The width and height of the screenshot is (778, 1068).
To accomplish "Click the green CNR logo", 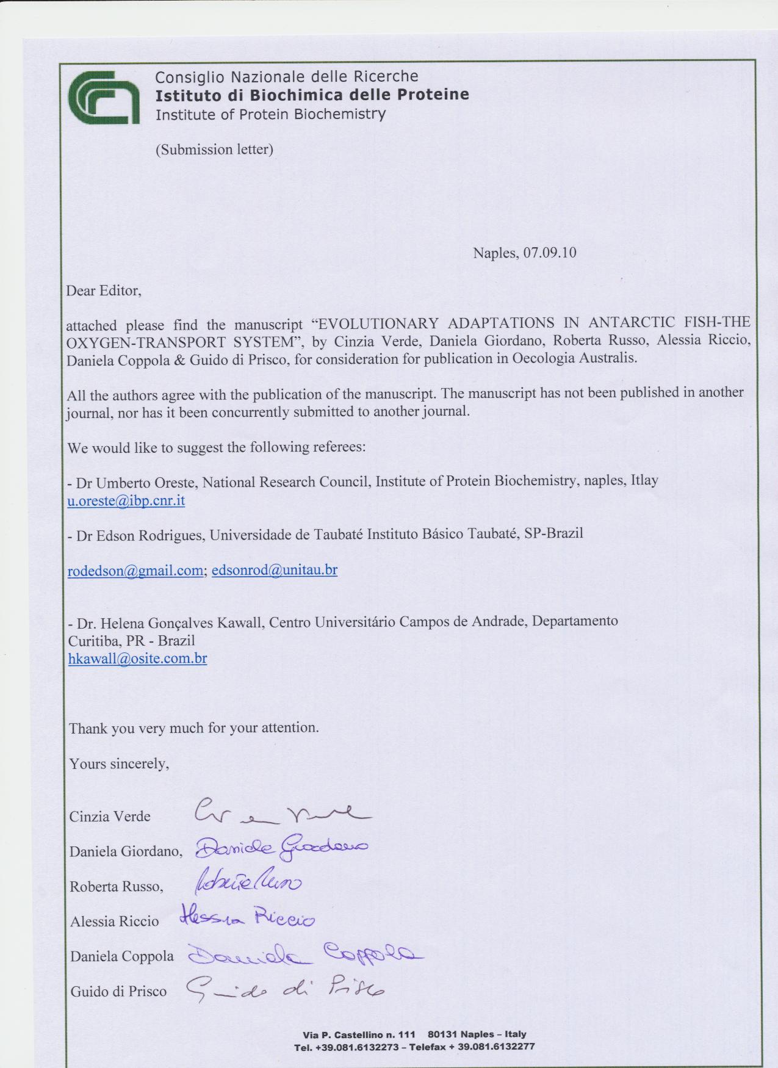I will [104, 96].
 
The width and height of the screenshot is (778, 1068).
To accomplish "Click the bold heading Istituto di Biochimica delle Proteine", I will [312, 95].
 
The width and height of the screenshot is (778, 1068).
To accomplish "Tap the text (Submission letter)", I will [214, 150].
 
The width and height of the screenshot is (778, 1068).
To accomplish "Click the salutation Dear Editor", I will [104, 290].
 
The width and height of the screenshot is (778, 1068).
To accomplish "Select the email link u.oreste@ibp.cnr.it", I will [126, 501].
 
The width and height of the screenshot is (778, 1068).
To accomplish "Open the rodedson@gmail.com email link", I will [135, 570].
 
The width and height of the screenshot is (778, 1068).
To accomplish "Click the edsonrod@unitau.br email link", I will [275, 570].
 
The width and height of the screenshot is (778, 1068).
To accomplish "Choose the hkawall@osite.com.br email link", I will [138, 658].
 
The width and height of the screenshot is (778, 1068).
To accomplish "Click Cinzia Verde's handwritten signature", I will [281, 812].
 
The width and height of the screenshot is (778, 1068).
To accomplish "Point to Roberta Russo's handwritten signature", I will [248, 882].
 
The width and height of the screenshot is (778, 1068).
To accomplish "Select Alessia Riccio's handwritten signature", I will [248, 918].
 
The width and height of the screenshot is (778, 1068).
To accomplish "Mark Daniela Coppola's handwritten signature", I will [302, 954].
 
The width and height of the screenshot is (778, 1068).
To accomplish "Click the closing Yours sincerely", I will [119, 763].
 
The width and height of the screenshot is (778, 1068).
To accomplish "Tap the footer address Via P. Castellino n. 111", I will [359, 1034].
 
